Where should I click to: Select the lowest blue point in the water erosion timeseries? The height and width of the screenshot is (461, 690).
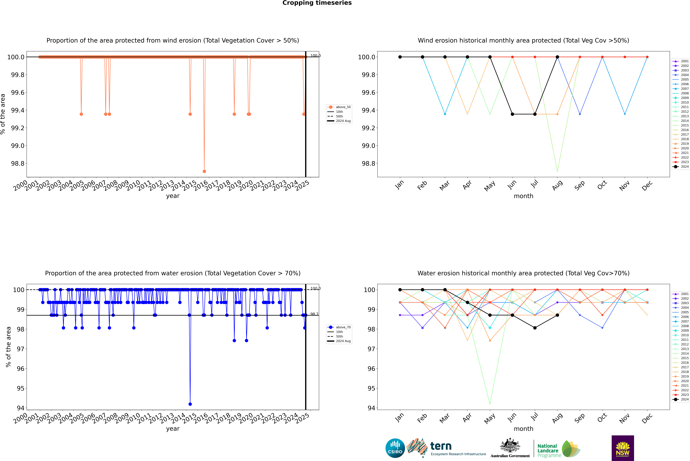[x=190, y=404]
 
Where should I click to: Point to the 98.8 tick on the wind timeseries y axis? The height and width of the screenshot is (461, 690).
[x=18, y=163]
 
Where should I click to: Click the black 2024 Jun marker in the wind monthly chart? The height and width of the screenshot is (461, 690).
[x=512, y=114]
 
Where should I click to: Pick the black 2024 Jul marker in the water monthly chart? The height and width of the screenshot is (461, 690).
[x=535, y=328]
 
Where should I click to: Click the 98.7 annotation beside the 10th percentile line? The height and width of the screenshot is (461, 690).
[x=314, y=314]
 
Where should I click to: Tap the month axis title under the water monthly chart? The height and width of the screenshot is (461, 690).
[x=523, y=429]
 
